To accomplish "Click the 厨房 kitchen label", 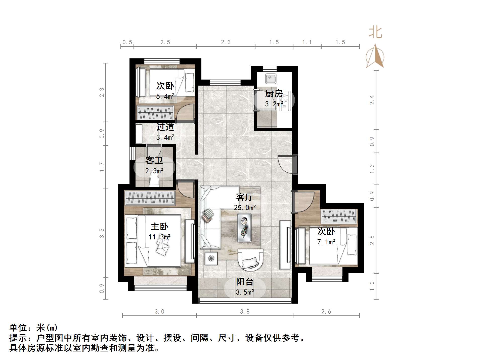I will [274, 94].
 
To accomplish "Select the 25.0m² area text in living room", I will [245, 208].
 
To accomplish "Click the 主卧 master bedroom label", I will [159, 227].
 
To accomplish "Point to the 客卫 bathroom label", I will [154, 160].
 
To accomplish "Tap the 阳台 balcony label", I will [244, 282].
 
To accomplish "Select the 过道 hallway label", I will [165, 127].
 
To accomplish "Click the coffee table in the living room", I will [244, 228].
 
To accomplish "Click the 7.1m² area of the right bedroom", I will [326, 242].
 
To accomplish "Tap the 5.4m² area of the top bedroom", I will [165, 96].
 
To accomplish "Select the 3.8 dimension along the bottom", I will [245, 312].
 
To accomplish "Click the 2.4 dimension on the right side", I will [372, 100].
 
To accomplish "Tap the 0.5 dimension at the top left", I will [127, 42].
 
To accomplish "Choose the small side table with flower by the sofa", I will [211, 258].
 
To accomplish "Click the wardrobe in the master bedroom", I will [150, 198].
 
